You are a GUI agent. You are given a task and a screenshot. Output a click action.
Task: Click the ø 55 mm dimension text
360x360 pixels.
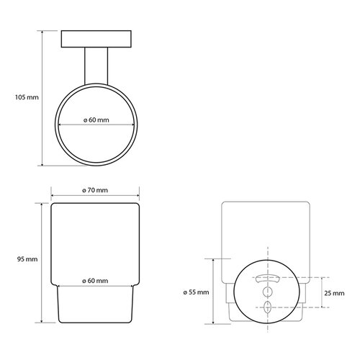pyautogui.click(x=195, y=292)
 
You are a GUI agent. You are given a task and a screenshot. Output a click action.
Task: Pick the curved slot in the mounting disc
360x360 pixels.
pyautogui.click(x=266, y=278)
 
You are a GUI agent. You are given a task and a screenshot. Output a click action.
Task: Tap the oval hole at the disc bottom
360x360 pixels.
pyautogui.click(x=266, y=307)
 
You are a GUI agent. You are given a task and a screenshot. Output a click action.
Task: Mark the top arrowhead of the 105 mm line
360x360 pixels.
pyautogui.click(x=42, y=32)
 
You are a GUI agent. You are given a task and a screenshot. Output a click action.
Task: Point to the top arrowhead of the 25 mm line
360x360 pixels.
pyautogui.click(x=319, y=276)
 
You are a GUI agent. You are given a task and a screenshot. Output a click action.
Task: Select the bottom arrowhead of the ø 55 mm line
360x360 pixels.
pyautogui.click(x=215, y=321)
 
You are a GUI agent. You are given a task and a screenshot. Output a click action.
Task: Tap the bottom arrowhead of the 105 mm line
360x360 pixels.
pyautogui.click(x=42, y=165)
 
